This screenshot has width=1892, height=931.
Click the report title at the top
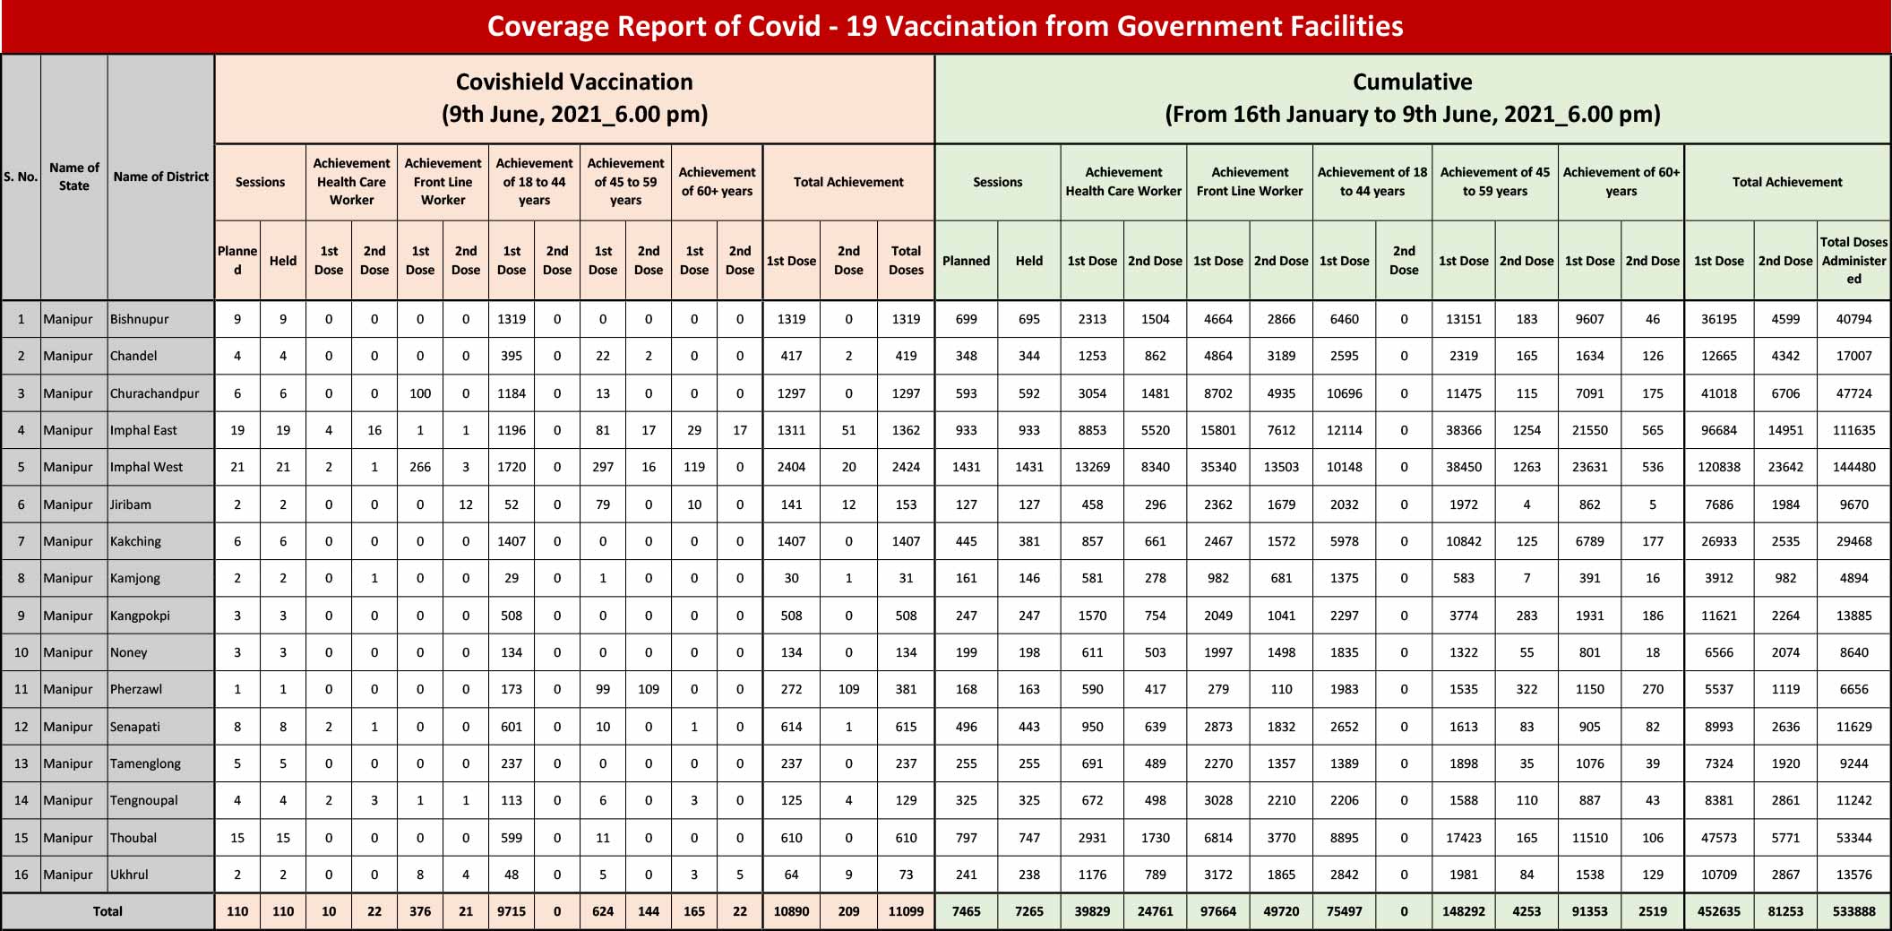point(945,26)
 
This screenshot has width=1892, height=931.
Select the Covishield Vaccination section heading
point(574,98)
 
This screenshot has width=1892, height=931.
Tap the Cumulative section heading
point(1413,98)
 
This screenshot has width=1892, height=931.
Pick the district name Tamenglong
point(145,763)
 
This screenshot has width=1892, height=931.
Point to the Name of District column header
point(161,177)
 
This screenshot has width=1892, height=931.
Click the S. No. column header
point(21,177)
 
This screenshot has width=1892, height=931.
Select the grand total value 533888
point(1853,911)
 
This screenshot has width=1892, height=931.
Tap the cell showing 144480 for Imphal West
point(1853,467)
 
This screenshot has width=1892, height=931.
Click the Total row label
point(107,911)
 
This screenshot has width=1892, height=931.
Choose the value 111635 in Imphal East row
point(1853,430)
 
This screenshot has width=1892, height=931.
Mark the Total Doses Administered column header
point(1853,261)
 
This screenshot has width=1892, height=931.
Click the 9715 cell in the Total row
point(512,911)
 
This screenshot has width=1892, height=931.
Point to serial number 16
point(21,875)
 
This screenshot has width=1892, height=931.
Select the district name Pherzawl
point(136,689)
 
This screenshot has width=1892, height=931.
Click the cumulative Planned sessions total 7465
point(966,911)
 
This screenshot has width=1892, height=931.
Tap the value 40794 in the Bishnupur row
point(1853,319)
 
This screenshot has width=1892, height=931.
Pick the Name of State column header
point(74,177)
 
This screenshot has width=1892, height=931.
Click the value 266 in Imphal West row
point(420,467)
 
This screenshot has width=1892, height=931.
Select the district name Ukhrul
point(129,875)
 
